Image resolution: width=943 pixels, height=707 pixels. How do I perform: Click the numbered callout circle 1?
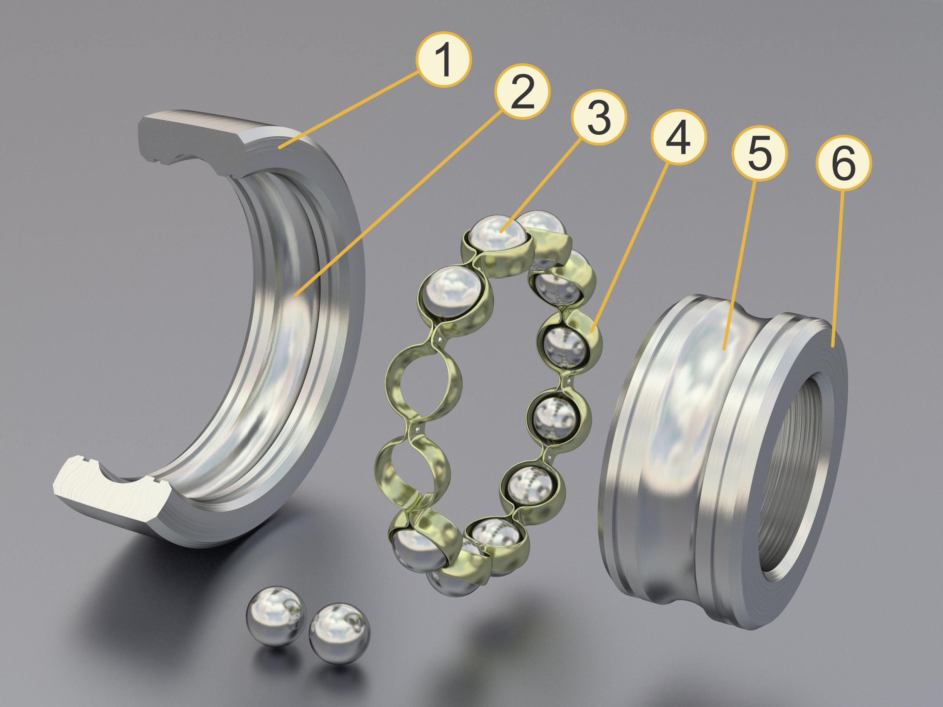[x=444, y=60]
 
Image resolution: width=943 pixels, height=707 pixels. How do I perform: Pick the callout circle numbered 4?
[x=678, y=137]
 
